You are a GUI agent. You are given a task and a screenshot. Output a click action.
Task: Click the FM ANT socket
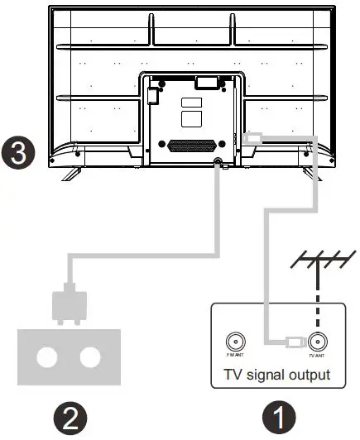[x=234, y=340]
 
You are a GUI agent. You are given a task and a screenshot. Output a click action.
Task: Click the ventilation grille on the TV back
[x=190, y=144]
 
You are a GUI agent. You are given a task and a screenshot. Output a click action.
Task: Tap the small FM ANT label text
[x=234, y=353]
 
